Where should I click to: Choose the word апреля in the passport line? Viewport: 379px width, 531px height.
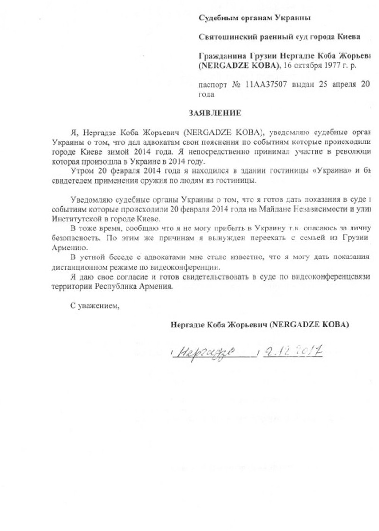tap(341, 85)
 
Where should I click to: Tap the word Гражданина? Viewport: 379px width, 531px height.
tap(219, 55)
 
